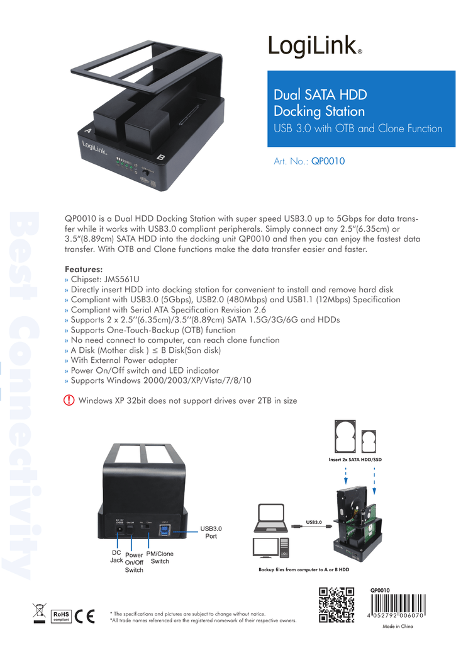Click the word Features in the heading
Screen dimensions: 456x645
click(84, 269)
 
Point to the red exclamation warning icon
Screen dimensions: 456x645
click(69, 401)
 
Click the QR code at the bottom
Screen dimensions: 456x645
click(337, 605)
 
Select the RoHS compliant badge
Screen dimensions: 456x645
click(60, 615)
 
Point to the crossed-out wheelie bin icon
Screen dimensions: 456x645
click(39, 613)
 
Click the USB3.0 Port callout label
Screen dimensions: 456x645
click(211, 532)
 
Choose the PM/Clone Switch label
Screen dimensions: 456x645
click(160, 557)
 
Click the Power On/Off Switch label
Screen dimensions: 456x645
click(134, 562)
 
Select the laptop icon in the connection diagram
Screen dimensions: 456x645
click(272, 520)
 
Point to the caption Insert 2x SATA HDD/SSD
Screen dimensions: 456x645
click(355, 460)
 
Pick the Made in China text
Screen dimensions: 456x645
click(398, 627)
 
